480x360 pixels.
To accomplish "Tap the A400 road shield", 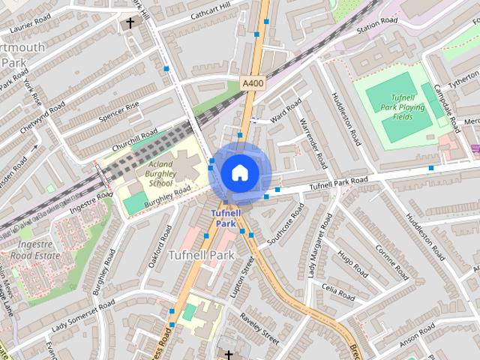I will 253,83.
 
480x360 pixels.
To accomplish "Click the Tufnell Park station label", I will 225,218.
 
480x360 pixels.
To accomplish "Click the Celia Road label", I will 337,292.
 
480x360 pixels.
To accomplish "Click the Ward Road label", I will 286,110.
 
